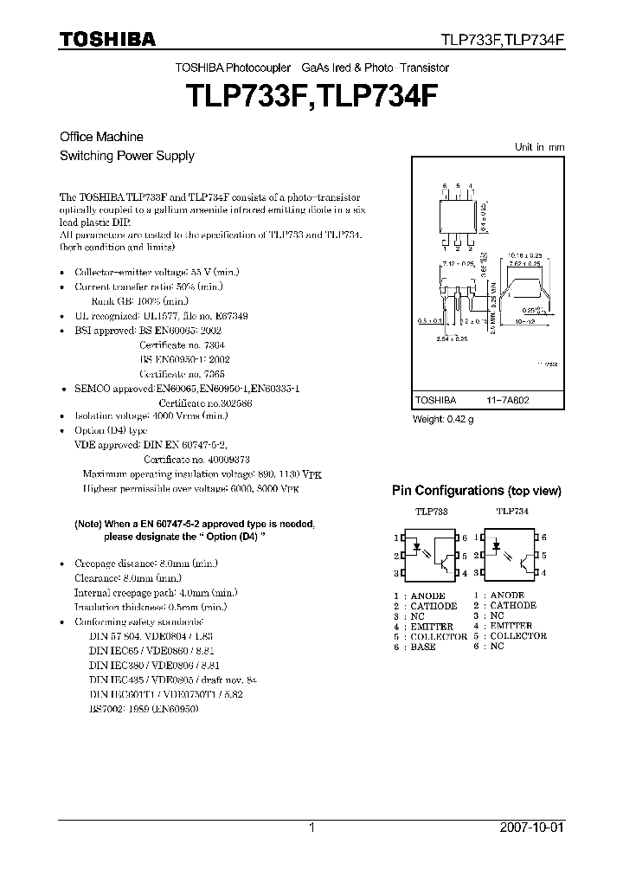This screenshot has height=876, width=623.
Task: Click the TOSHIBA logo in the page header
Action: click(107, 39)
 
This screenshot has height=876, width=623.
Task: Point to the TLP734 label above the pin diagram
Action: click(512, 512)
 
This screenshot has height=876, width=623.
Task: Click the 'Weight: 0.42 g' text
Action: click(443, 419)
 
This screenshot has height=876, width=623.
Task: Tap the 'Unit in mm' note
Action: click(539, 147)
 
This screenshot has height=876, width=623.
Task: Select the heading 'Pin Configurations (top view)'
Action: click(477, 491)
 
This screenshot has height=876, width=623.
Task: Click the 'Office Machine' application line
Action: click(101, 137)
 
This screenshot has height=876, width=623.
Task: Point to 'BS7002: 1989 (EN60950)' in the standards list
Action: click(144, 708)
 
